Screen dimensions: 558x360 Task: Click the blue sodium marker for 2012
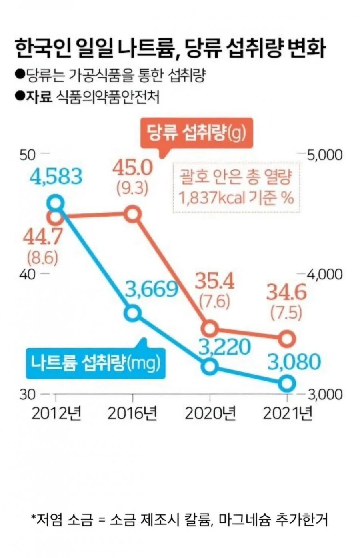coord(56,203)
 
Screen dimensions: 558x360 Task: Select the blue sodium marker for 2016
coord(132,313)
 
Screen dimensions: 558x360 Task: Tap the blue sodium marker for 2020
coord(210,366)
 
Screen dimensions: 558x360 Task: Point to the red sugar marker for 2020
coord(210,329)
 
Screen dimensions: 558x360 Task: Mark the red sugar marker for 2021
coord(287,339)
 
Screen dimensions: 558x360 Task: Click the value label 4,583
coord(56,176)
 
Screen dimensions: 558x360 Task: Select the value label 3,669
coord(151,289)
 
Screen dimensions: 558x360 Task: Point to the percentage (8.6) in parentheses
coord(42,258)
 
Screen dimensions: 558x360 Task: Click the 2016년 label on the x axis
coord(132,414)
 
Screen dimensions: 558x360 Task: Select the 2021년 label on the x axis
coord(288,414)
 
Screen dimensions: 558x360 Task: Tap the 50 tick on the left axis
coord(28,155)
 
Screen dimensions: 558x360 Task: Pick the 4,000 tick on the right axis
coord(324,274)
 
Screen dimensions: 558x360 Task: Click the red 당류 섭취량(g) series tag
coord(196,133)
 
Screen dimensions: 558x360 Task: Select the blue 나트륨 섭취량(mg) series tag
coord(95,363)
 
